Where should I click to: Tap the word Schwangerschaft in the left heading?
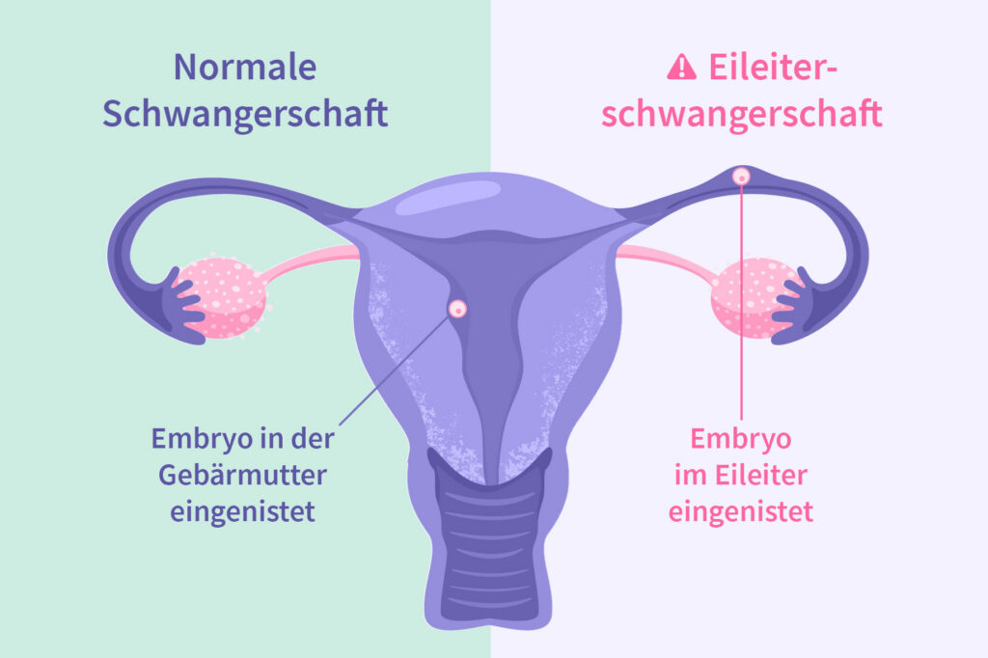245,114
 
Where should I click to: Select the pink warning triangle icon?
681,67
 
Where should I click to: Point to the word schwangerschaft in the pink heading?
742,114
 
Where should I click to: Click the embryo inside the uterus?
458,309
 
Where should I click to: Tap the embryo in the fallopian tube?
741,176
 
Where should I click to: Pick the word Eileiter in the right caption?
762,475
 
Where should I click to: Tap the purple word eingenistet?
243,511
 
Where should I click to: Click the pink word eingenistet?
741,511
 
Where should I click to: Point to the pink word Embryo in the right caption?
741,439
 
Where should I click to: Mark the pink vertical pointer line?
741,309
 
